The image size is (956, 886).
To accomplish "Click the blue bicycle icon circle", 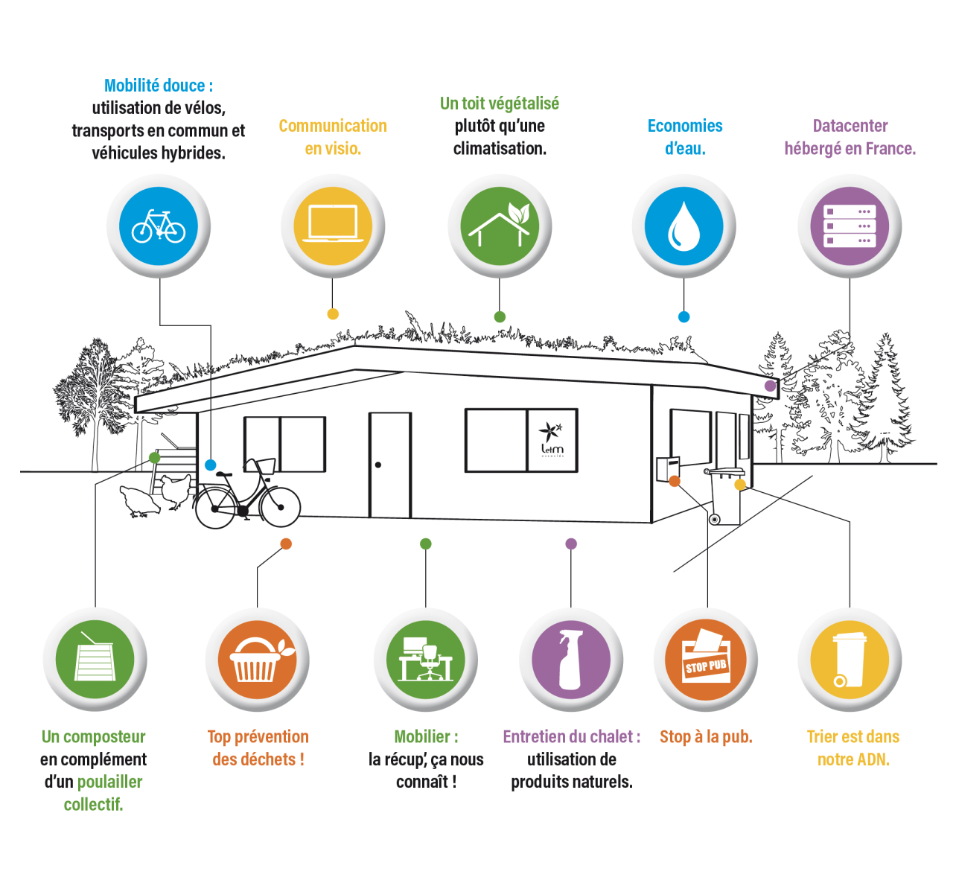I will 159,226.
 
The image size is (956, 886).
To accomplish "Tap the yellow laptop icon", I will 333,226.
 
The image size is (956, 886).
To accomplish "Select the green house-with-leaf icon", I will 500,226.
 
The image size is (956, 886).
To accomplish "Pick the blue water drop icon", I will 683,226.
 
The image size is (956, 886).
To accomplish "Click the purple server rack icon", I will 850,226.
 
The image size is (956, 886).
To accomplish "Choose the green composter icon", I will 95,660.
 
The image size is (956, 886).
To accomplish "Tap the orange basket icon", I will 257,660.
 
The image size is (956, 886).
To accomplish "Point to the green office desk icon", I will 426,660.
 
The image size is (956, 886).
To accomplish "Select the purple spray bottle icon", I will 571,660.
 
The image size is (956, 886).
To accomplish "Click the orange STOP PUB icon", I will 706,660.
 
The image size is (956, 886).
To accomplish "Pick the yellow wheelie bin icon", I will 850,660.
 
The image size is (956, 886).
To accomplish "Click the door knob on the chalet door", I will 378,465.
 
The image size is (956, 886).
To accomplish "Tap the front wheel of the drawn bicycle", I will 281,507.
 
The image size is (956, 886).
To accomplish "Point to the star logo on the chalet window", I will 551,432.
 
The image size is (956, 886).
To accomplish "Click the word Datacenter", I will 850,126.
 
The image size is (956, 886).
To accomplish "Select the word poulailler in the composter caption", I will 109,782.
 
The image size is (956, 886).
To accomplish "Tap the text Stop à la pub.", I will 706,737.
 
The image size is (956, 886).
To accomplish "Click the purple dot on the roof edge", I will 770,386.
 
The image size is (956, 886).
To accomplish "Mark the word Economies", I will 685,126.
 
